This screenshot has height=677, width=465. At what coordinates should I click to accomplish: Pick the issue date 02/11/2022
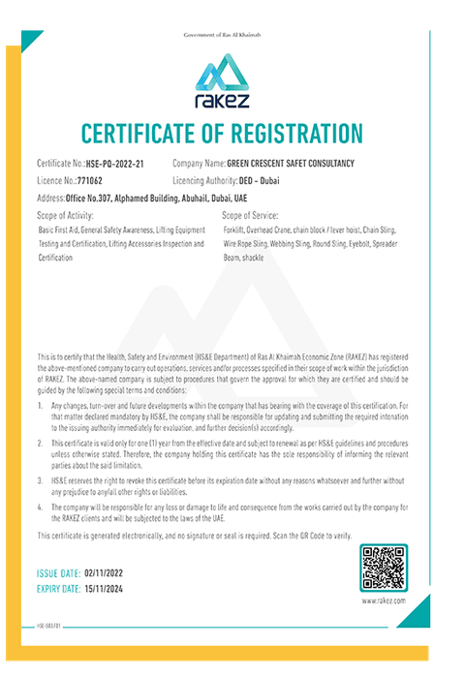(x=108, y=574)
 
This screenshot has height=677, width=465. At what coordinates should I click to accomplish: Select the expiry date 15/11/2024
(x=110, y=589)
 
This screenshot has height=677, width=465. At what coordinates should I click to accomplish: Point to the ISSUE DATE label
(x=60, y=574)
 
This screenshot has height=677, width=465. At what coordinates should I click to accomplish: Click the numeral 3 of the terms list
(x=41, y=479)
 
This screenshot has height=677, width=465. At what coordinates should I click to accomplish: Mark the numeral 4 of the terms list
(x=41, y=507)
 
